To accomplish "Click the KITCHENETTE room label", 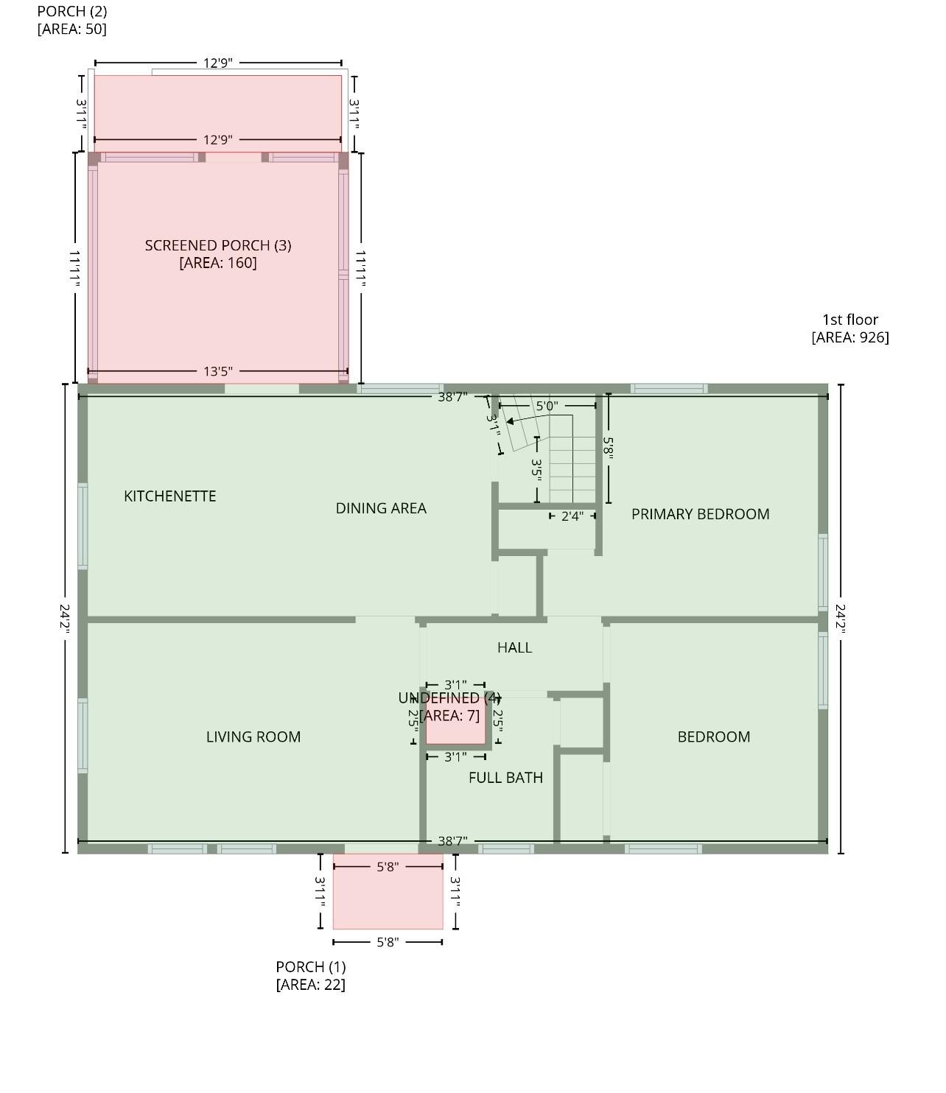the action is [170, 496].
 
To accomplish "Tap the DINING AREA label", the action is [381, 508].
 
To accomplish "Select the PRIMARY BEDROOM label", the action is [701, 514].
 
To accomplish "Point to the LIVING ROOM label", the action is [253, 737].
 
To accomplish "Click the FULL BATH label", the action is [506, 777].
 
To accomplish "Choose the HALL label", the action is [515, 647].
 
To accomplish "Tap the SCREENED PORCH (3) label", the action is [218, 245].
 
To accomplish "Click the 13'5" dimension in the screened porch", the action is [218, 371].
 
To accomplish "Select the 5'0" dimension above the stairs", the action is [547, 406].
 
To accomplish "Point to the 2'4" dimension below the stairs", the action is [572, 516].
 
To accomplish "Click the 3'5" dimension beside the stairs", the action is [536, 470].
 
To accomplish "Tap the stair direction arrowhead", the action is [510, 421].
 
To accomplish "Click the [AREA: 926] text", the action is [850, 337].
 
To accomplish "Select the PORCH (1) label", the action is [311, 966].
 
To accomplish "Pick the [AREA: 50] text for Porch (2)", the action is [72, 29].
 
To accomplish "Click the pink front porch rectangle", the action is [388, 891].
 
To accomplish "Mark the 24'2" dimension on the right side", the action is [840, 618].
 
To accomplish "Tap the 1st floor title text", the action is [850, 320].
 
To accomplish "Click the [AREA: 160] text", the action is [218, 263].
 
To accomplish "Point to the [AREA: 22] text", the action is [311, 985].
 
